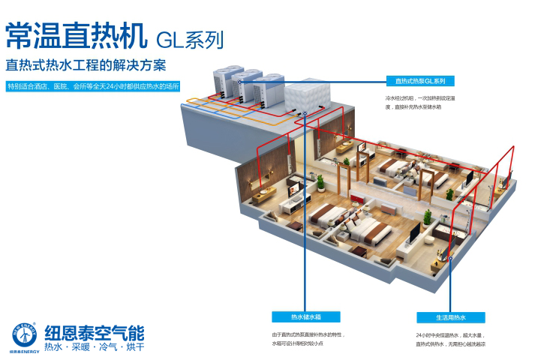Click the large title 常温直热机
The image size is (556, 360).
[x=76, y=34]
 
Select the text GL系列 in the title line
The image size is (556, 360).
[x=189, y=37]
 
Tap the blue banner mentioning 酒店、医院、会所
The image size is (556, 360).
[x=92, y=86]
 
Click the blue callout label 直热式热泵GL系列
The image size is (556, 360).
[x=420, y=80]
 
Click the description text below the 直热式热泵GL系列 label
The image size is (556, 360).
[x=420, y=102]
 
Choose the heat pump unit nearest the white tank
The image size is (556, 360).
[x=268, y=88]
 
